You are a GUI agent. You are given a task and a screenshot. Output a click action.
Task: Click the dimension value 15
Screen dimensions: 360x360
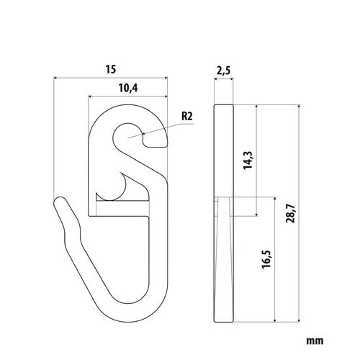tap(111, 69)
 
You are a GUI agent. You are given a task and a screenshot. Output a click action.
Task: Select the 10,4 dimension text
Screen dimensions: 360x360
tap(128, 89)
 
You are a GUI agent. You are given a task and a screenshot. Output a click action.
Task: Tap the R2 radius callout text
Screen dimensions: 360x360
tap(187, 117)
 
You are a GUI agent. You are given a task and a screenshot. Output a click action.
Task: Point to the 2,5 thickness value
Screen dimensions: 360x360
tap(223, 71)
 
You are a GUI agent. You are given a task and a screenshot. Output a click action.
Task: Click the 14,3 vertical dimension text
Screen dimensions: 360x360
tap(248, 161)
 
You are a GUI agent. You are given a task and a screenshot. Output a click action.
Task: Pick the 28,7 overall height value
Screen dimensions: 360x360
tap(290, 214)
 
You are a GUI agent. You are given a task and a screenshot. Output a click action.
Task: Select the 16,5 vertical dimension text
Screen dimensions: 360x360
tap(266, 259)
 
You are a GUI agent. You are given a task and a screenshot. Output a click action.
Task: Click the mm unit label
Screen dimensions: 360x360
tap(315, 341)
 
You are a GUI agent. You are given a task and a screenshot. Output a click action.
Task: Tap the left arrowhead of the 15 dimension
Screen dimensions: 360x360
tap(55, 78)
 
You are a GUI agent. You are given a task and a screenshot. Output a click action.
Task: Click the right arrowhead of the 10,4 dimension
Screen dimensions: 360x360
tap(166, 96)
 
